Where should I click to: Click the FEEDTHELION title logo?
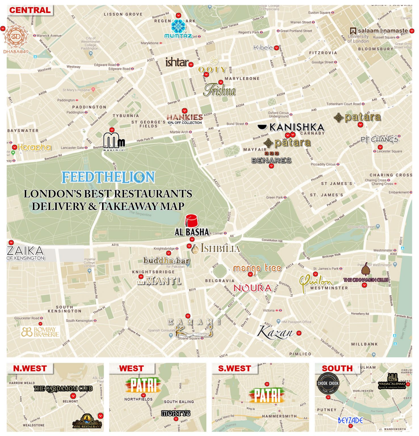108,177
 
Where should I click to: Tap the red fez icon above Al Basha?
191,221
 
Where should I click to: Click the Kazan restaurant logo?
275,332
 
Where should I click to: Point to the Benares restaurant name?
271,160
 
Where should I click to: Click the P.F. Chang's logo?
379,139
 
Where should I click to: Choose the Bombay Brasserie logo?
40,332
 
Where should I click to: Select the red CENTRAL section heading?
30,10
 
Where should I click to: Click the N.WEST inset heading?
30,368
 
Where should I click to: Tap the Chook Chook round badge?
328,383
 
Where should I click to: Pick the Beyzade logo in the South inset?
350,420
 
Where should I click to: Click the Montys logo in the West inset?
176,413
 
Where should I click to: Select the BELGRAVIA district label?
220,281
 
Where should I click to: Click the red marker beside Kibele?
276,48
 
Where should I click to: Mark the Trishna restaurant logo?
219,91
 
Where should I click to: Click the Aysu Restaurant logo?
87,422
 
